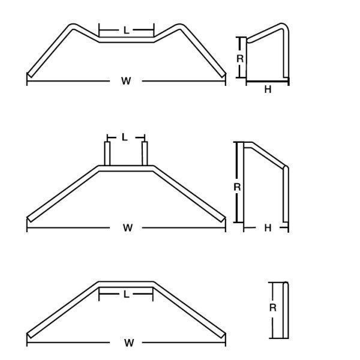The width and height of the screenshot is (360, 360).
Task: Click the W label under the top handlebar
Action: [x=126, y=81]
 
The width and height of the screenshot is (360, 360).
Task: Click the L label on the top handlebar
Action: [x=126, y=30]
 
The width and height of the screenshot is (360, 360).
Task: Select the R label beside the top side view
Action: [x=240, y=59]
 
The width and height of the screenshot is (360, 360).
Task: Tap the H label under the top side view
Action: [x=268, y=89]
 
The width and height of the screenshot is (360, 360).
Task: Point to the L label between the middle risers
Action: [x=124, y=137]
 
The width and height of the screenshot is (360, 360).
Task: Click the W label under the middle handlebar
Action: [x=128, y=228]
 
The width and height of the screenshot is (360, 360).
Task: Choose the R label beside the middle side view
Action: [x=237, y=187]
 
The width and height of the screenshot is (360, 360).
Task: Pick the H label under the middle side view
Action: [x=268, y=228]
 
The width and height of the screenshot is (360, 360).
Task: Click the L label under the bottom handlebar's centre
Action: [x=126, y=294]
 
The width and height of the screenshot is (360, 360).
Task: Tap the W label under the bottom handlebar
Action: [x=129, y=343]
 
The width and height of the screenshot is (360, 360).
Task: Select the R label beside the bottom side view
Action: [x=273, y=307]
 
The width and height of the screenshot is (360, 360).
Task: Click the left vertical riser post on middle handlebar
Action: [x=107, y=154]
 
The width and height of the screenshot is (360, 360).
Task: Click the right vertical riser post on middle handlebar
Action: [x=145, y=154]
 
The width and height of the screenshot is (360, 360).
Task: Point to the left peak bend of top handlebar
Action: [x=73, y=26]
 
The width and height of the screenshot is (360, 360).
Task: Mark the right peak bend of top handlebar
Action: [x=179, y=26]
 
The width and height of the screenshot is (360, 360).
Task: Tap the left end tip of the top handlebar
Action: [x=29, y=75]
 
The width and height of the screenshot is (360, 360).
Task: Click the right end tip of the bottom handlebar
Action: [x=224, y=335]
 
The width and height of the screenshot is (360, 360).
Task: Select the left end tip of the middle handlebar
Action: [x=29, y=220]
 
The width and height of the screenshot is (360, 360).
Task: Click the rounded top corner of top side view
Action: [x=284, y=26]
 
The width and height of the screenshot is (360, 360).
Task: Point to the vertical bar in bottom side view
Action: [x=286, y=310]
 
